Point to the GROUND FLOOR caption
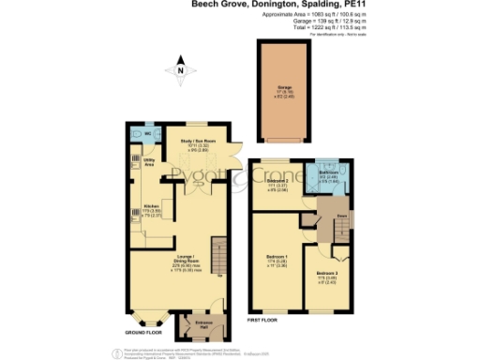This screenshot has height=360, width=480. coord(144,332)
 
